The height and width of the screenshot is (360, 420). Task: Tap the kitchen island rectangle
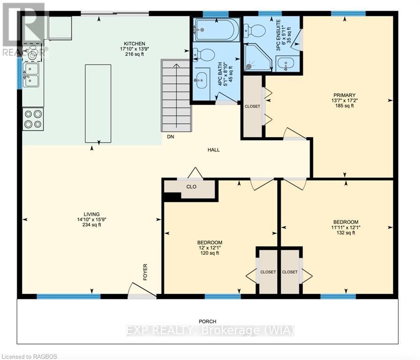click(x=98, y=104)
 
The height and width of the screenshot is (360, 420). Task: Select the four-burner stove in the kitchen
click(x=33, y=119)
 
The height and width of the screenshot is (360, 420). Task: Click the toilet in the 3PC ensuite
click(x=256, y=30)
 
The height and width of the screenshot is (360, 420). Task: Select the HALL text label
click(x=214, y=150)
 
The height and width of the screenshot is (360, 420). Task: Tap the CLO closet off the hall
click(x=191, y=187)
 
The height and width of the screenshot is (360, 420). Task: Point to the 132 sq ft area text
click(x=345, y=233)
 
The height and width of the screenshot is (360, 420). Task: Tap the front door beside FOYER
click(x=142, y=292)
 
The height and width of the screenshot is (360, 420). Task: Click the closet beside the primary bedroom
click(x=252, y=106)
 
